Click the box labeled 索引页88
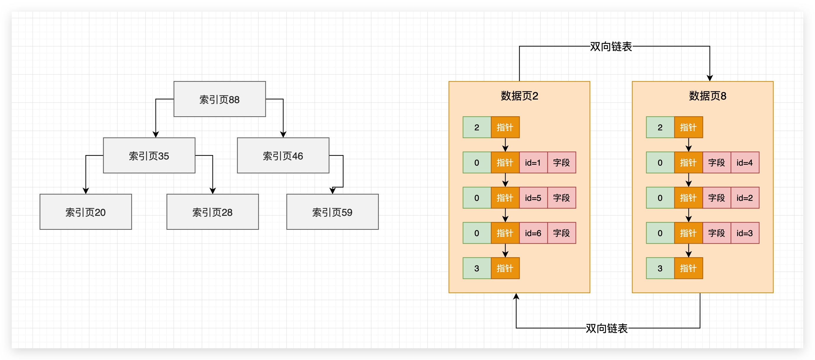click(x=219, y=99)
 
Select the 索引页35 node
click(x=149, y=156)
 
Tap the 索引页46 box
click(x=283, y=156)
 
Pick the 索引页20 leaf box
click(x=85, y=212)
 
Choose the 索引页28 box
click(x=212, y=212)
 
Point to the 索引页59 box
click(x=332, y=212)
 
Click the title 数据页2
click(x=519, y=96)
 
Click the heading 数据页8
click(x=707, y=96)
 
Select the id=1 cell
click(x=533, y=163)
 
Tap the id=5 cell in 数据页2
click(x=533, y=198)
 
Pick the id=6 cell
click(x=533, y=233)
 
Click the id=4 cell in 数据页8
click(x=744, y=163)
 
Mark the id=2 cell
click(x=744, y=198)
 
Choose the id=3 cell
click(x=744, y=233)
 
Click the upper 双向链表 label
click(x=611, y=46)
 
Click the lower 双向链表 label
click(x=606, y=328)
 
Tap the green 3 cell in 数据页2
click(x=477, y=268)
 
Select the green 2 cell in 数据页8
click(x=660, y=127)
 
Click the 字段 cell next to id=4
click(x=716, y=163)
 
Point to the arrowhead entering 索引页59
click(x=333, y=191)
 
